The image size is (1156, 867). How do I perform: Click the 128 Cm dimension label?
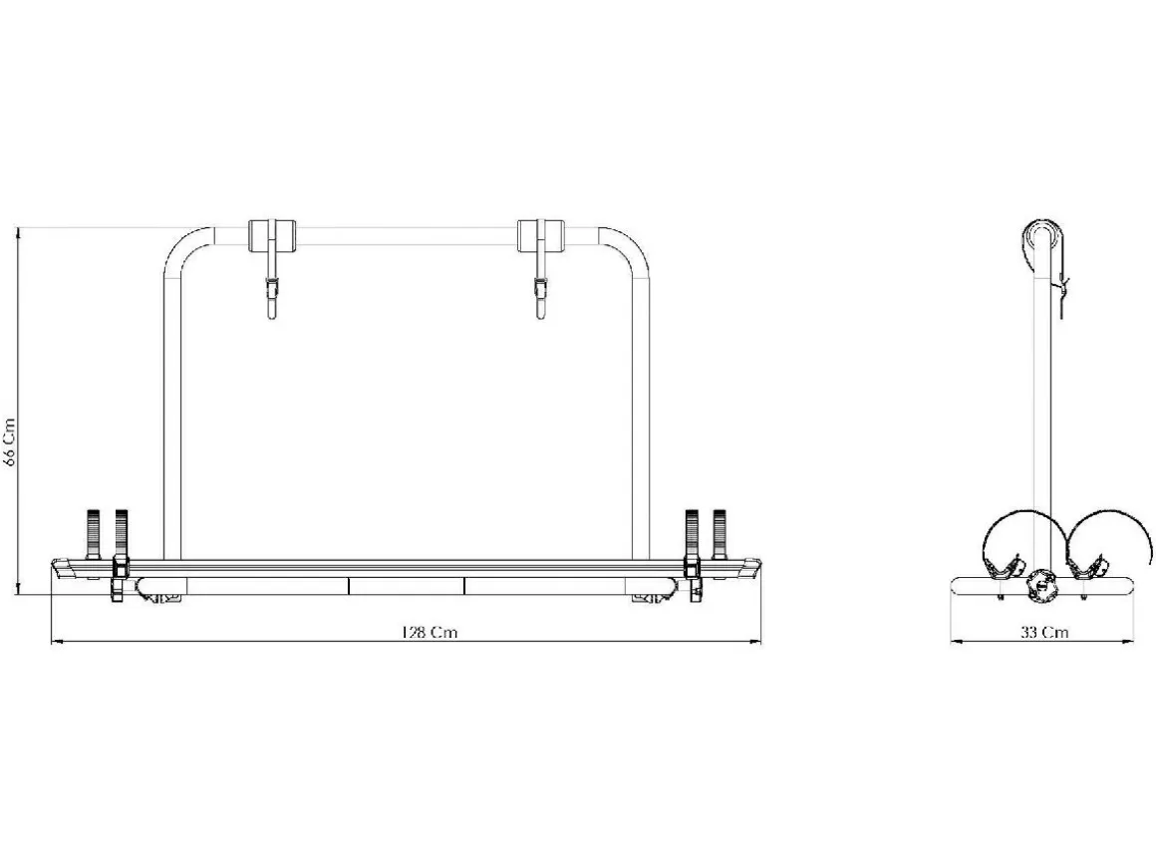pos(429,633)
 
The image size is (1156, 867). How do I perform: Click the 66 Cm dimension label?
pos(10,442)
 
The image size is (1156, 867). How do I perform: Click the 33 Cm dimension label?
pos(1044,632)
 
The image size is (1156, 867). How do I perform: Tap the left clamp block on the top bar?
pos(271,235)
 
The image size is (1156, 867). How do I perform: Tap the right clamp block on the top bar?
pos(540,235)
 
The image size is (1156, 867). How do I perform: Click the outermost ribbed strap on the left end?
pos(94,535)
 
